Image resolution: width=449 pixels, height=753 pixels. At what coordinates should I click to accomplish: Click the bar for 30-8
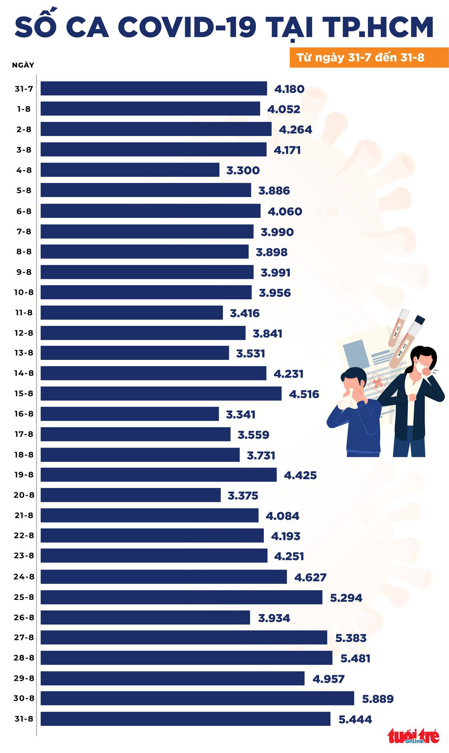coord(197,698)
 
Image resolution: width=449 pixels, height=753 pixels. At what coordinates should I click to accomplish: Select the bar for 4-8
coord(130,170)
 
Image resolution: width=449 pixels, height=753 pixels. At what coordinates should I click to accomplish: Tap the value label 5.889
coord(378,699)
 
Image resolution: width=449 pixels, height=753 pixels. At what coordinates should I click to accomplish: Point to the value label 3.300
coord(243,170)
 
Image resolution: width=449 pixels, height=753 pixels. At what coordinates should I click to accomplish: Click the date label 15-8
coord(24,393)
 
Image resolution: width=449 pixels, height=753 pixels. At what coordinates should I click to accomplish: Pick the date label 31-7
coord(24,89)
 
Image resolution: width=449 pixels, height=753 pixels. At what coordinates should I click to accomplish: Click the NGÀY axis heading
coord(23,65)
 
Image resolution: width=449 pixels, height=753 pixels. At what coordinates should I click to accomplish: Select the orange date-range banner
coord(369,58)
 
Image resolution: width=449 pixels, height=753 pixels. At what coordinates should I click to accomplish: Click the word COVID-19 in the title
coord(188,28)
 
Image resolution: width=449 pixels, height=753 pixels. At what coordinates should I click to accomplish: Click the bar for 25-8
coord(181,597)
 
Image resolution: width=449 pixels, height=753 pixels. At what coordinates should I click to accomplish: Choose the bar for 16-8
coord(130,414)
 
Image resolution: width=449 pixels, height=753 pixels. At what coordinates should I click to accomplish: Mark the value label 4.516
coord(304,394)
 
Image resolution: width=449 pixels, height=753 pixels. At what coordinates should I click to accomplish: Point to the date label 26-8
coord(24,617)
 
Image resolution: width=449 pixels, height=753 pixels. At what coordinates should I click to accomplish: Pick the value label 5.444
coord(355,719)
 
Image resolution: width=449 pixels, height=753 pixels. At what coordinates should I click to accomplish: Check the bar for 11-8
coord(132,313)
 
